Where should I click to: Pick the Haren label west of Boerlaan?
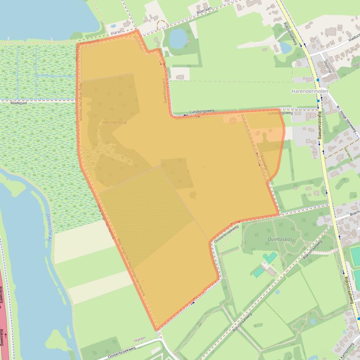(x=117, y=33)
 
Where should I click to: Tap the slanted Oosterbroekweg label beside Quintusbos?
(x=226, y=233)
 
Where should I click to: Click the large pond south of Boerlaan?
(x=177, y=38)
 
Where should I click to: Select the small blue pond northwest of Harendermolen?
(x=285, y=48)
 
